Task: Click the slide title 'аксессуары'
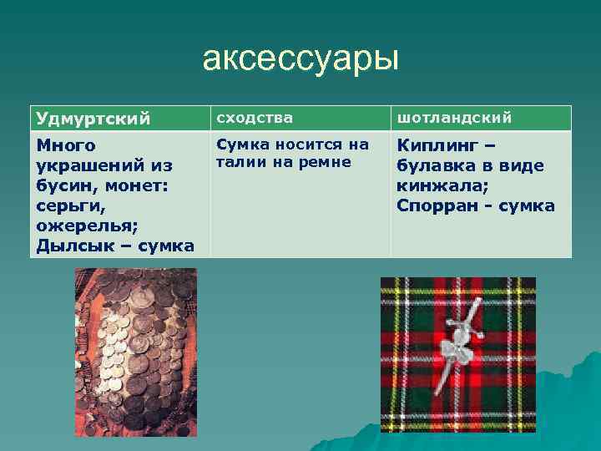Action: pos(300,60)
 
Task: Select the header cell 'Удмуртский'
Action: pos(93,119)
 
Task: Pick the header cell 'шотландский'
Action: pos(454,118)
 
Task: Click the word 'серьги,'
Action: pos(67,205)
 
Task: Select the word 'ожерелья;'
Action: pos(82,225)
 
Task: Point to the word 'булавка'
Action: pos(435,165)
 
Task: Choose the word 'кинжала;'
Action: pos(435,185)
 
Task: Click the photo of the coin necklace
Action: pos(135,352)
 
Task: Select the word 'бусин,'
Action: pos(64,185)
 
